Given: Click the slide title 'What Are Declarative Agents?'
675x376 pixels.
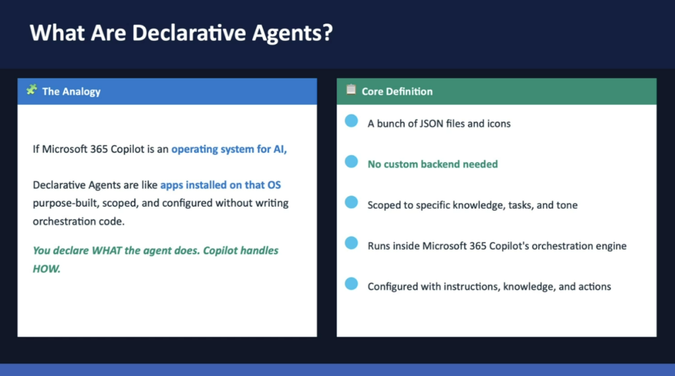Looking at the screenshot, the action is pos(181,33).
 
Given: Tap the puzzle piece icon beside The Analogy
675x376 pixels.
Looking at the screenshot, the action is pos(32,90).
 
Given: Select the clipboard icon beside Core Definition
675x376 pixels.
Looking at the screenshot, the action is pos(351,89).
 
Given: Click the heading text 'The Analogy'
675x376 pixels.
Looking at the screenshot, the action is pos(71,92).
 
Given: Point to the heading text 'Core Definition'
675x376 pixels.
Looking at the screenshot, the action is pos(397,92).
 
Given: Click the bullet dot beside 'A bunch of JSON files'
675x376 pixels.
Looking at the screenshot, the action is pos(351,121).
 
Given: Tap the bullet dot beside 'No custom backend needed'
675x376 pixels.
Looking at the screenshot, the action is pos(351,162).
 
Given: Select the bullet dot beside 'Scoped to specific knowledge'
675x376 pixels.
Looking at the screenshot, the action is pos(351,202).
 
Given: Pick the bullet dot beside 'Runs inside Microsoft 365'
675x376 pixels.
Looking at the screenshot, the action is pos(351,243).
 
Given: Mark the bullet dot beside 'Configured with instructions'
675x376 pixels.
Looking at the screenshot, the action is pos(351,284).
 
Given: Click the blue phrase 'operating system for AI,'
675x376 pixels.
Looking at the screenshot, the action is pos(229,149).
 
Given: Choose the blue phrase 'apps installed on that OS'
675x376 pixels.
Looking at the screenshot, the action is pos(220,185).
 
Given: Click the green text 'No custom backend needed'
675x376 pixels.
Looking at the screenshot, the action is pos(432,165).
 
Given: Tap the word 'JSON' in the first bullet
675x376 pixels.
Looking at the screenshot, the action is pos(431,124).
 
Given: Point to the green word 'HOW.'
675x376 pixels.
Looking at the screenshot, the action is pos(47,269).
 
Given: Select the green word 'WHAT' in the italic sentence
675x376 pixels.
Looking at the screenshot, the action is pos(107,250).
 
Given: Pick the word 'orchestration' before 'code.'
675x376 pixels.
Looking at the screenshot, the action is pos(63,221).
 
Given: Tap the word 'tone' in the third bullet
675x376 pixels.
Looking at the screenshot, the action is pos(566,205).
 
